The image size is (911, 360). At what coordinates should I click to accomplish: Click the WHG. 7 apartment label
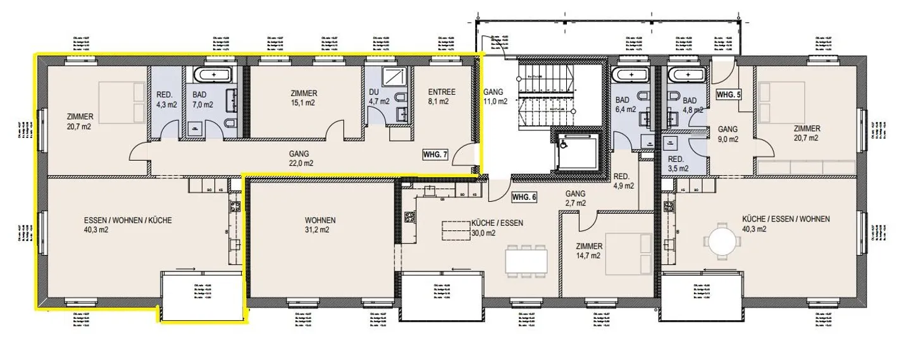click(435, 154)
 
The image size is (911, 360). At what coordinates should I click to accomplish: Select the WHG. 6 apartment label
click(524, 197)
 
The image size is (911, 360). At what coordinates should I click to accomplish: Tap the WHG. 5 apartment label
click(728, 94)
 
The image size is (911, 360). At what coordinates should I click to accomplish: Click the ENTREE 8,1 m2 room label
click(437, 96)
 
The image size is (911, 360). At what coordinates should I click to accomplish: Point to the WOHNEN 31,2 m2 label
click(319, 225)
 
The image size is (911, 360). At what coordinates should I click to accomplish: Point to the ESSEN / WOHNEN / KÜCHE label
click(127, 225)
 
